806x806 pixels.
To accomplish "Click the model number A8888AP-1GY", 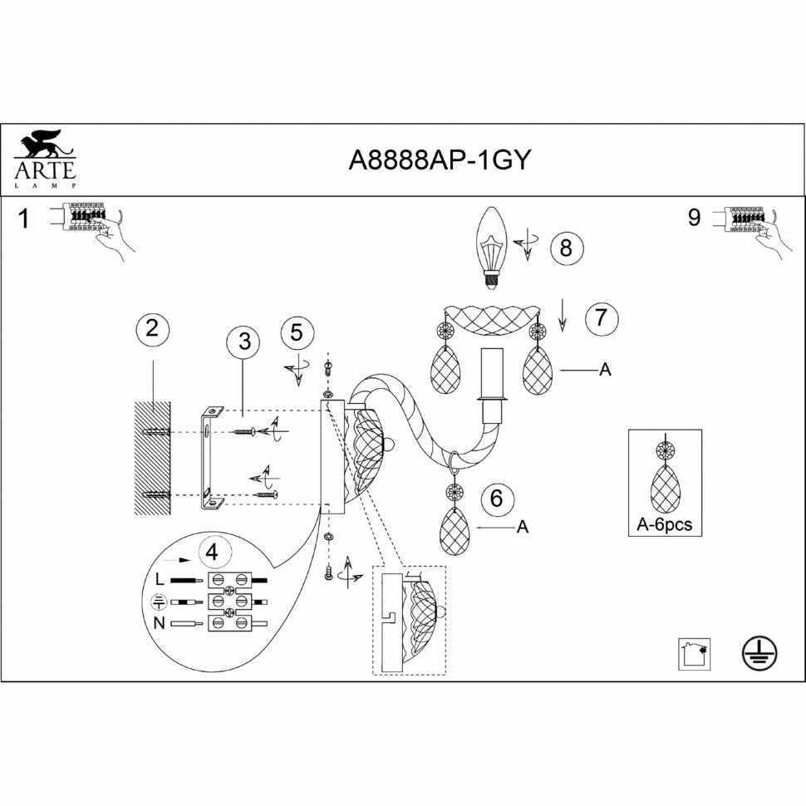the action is (438, 160).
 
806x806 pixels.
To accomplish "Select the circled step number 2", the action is (151, 327).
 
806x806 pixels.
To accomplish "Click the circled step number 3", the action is (243, 342).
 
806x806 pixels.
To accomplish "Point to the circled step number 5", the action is (297, 332).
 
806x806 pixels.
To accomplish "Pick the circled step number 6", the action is (497, 499).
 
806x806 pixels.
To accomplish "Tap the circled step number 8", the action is (566, 247).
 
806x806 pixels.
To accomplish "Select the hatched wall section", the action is (153, 459).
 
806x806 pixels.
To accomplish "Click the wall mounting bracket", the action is (209, 459).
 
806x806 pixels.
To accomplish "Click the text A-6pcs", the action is (664, 525).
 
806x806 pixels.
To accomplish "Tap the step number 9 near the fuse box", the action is (695, 218).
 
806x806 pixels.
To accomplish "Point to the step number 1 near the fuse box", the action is (24, 219).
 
